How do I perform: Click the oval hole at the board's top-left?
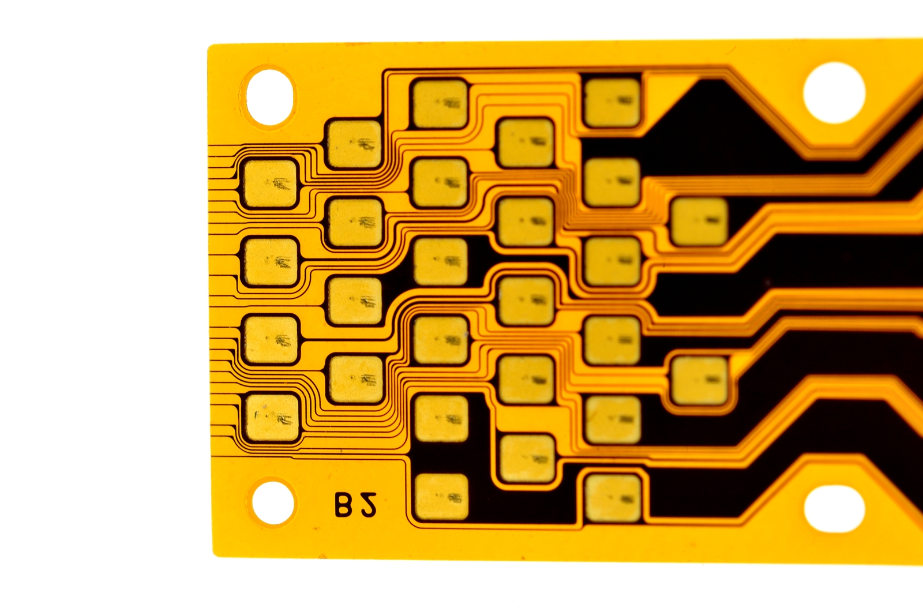(x=270, y=97)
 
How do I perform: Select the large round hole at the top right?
(x=834, y=93)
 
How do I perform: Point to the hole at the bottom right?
(x=834, y=509)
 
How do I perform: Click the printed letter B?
(x=343, y=504)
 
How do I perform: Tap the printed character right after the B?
(x=368, y=505)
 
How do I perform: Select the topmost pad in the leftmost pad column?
(x=271, y=183)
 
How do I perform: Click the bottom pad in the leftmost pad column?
(x=272, y=418)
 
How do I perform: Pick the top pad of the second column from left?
(x=354, y=144)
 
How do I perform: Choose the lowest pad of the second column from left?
(x=356, y=379)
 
